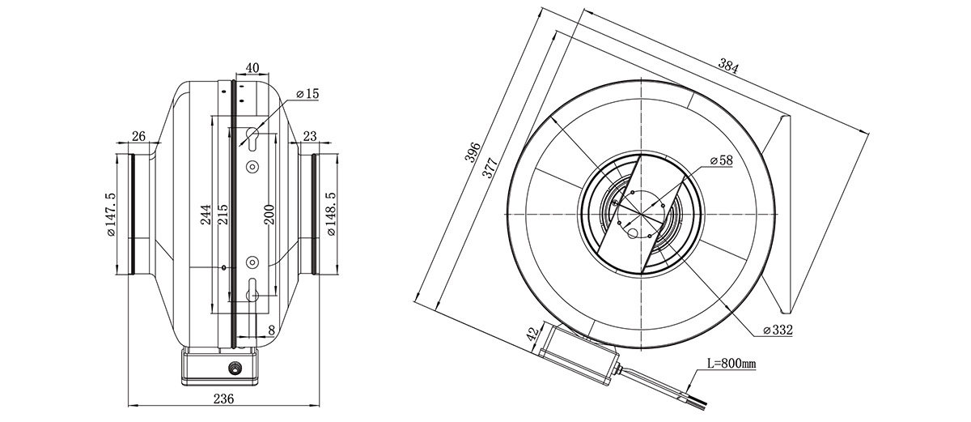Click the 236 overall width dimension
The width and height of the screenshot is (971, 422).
223,399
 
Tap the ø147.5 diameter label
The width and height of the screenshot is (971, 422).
111,215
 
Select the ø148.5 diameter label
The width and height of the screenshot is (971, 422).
332,215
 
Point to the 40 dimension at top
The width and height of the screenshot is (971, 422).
252,68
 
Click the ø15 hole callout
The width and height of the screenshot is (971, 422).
307,93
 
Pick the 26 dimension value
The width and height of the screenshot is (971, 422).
138,136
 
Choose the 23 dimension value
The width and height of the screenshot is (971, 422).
310,136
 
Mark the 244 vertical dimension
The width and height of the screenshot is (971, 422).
206,215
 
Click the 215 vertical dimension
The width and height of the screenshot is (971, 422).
222,215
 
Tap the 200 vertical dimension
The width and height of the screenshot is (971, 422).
269,215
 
